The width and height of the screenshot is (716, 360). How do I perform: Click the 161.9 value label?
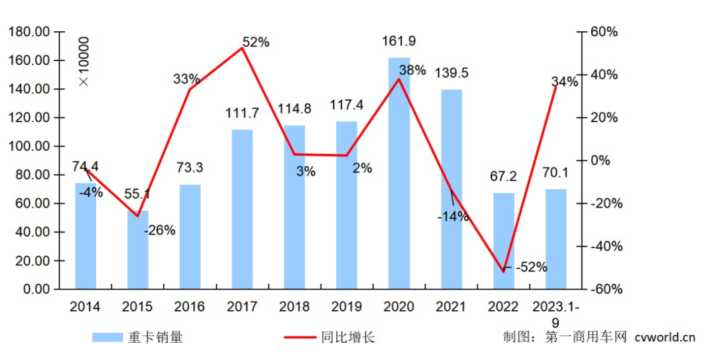click(399, 42)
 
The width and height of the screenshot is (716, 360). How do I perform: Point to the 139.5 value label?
click(451, 73)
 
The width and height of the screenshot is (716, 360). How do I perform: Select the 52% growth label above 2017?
click(256, 42)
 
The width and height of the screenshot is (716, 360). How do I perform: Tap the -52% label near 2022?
click(531, 267)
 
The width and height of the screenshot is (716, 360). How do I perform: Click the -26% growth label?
click(159, 231)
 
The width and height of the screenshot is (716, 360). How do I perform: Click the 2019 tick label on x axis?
click(347, 306)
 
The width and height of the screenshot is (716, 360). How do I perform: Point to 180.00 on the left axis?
click(29, 32)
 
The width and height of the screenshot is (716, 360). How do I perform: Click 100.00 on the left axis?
click(29, 147)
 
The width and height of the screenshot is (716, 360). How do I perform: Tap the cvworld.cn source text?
click(664, 337)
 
